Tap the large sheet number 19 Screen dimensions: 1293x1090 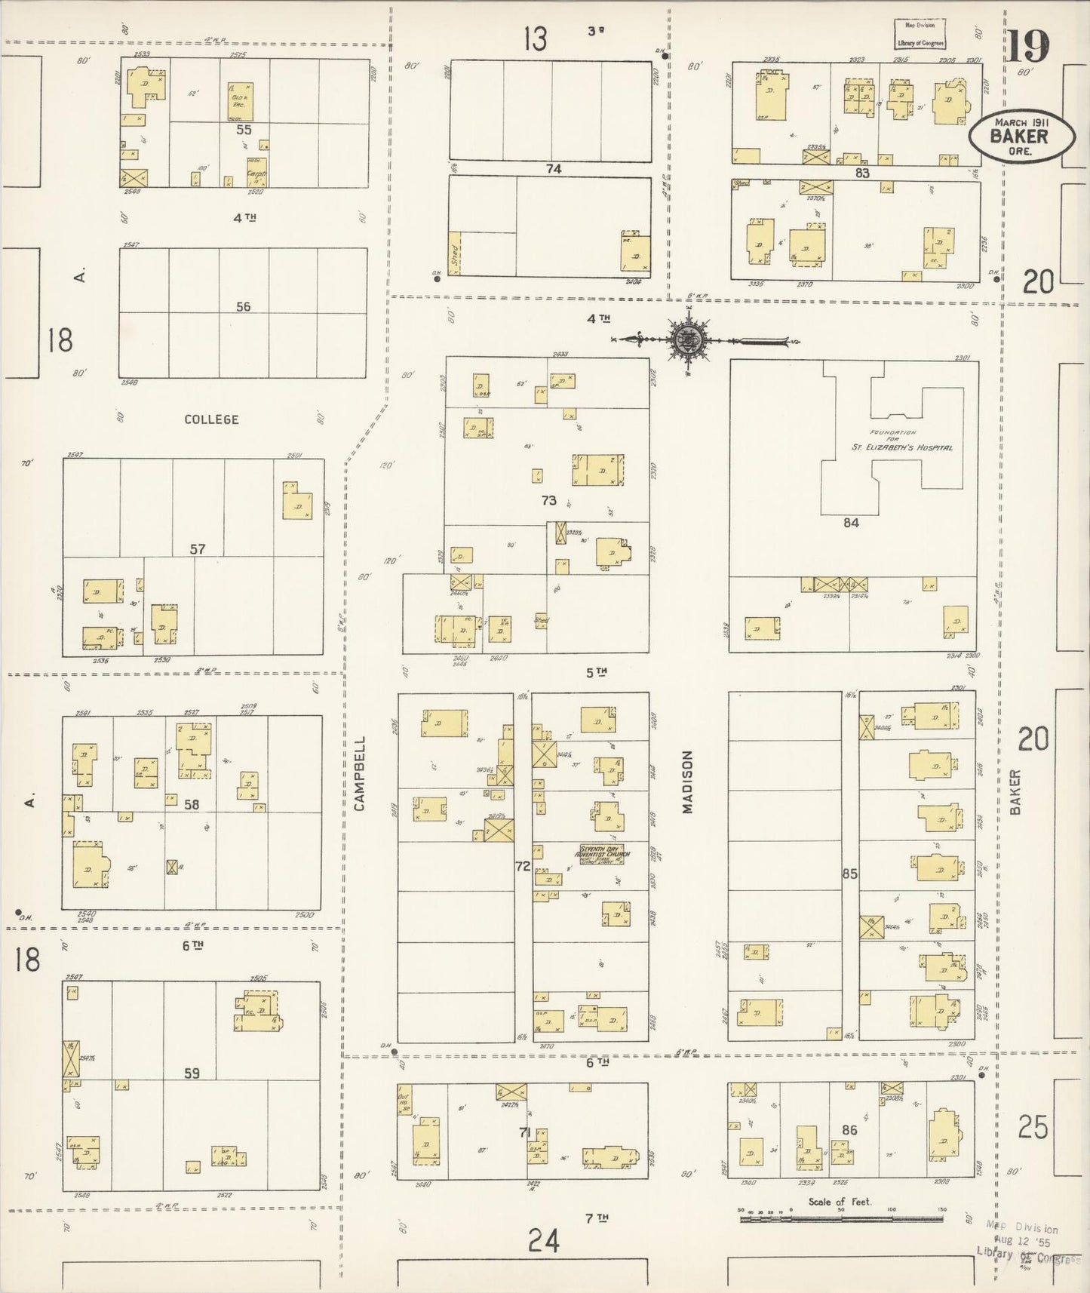click(1028, 47)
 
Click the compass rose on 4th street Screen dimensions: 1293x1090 click(689, 341)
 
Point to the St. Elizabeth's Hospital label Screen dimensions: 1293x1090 click(901, 447)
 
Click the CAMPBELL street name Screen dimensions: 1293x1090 click(359, 773)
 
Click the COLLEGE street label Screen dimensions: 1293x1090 click(212, 419)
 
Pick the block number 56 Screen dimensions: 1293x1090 click(243, 307)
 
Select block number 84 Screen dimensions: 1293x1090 click(851, 522)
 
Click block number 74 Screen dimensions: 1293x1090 click(554, 170)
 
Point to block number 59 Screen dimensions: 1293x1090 click(192, 1073)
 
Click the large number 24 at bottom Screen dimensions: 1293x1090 click(544, 1240)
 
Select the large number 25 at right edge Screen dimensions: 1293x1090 click(1033, 1127)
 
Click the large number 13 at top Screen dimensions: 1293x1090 click(536, 39)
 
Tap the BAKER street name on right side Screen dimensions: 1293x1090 click(1015, 791)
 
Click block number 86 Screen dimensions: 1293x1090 click(849, 1130)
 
